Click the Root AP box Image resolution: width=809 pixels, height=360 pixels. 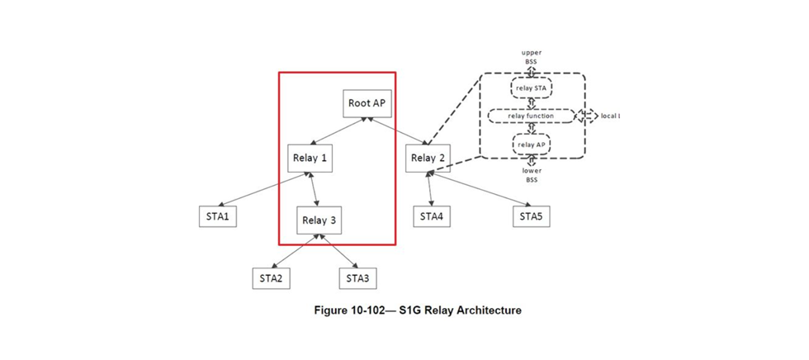point(366,103)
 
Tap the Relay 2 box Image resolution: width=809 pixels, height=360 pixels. point(428,158)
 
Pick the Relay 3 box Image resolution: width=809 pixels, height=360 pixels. point(319,220)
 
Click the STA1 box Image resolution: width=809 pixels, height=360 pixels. point(219,217)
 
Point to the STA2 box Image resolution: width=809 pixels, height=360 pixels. point(272,278)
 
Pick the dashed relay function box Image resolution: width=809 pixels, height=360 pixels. point(531,116)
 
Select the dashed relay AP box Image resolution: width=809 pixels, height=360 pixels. point(532,145)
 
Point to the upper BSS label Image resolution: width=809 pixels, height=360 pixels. point(531,58)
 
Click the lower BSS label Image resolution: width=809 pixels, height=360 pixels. point(532,175)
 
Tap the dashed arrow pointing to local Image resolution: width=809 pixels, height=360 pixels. point(587,116)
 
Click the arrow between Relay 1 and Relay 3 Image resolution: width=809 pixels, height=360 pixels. point(315,189)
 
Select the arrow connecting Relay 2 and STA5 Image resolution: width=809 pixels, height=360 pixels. point(479,189)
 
